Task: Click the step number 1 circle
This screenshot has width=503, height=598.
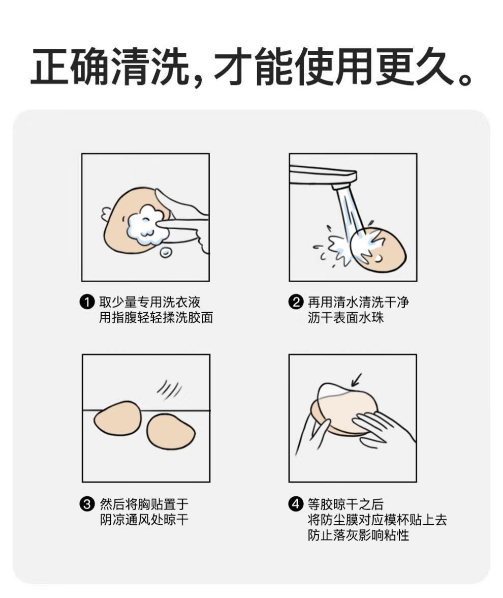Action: tap(87, 302)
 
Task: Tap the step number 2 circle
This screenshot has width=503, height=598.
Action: tap(296, 302)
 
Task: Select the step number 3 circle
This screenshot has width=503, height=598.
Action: tap(87, 504)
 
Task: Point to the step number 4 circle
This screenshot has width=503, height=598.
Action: tap(296, 504)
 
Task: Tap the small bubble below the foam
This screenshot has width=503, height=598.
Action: tap(165, 252)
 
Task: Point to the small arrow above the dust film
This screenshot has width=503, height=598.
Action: tap(356, 380)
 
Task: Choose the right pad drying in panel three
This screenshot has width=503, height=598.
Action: tap(171, 432)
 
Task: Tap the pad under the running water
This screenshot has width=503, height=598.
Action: tap(379, 250)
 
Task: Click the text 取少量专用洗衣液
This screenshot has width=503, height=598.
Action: tap(150, 302)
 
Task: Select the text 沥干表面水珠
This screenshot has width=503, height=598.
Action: tap(345, 317)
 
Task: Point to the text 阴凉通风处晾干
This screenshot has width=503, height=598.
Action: tap(144, 520)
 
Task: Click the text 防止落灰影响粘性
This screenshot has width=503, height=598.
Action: tap(359, 535)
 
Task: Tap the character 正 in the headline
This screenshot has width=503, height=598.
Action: tap(50, 66)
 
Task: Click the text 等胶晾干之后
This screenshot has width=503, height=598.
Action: tap(345, 504)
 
